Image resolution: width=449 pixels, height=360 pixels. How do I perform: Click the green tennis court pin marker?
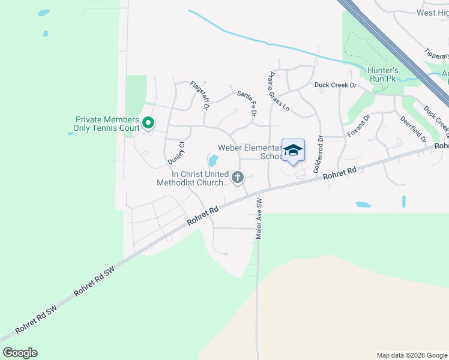pos(148,124)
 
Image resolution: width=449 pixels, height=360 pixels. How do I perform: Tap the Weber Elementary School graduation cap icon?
pos(293,150)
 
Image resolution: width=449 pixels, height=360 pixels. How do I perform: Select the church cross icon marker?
pos(238,178)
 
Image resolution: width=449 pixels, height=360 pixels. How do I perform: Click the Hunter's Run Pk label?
pos(383,74)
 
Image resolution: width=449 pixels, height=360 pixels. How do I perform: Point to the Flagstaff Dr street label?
pos(199,96)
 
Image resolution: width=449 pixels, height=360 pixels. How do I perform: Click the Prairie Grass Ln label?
pos(279,92)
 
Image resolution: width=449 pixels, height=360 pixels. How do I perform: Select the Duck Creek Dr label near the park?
pos(336,85)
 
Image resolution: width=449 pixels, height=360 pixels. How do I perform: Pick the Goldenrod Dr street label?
pos(318,154)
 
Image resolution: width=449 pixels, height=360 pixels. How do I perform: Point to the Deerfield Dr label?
pos(414,128)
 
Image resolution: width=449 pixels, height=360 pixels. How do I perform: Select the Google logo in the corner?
pos(20,352)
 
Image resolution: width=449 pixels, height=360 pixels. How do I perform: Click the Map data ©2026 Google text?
pos(411,355)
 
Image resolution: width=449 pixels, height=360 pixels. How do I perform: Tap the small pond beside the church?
pos(212,161)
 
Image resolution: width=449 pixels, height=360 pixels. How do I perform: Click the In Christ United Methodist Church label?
pos(192,178)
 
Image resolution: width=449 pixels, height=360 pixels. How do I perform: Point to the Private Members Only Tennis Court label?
pos(106,124)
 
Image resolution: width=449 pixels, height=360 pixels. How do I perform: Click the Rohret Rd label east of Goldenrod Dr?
pos(340,173)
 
